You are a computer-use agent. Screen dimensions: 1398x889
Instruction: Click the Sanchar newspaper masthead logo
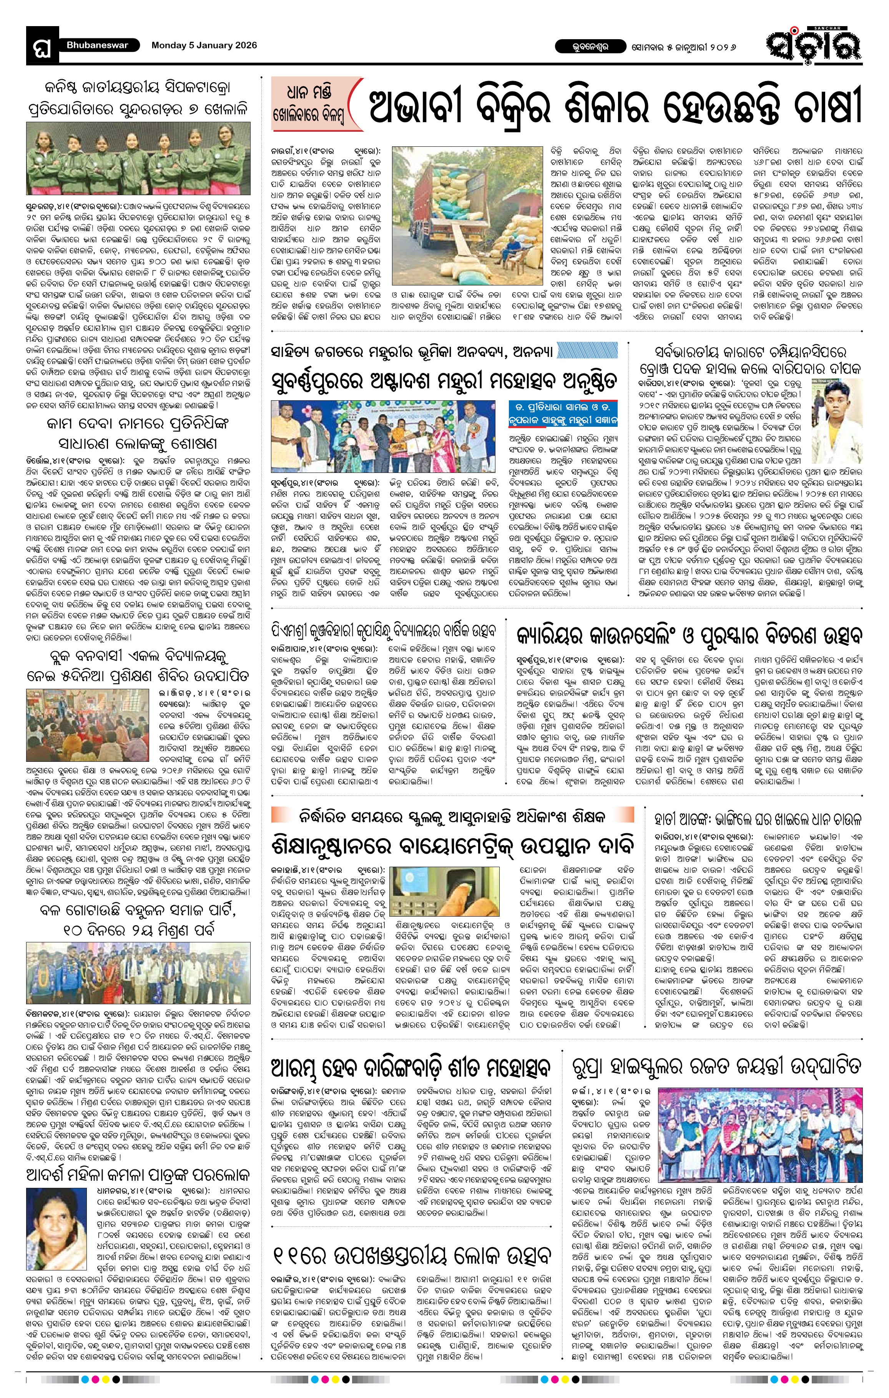tap(813, 45)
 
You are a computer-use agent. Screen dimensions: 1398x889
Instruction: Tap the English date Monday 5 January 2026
tap(204, 45)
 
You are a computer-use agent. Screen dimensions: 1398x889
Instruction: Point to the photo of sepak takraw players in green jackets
tap(139, 158)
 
